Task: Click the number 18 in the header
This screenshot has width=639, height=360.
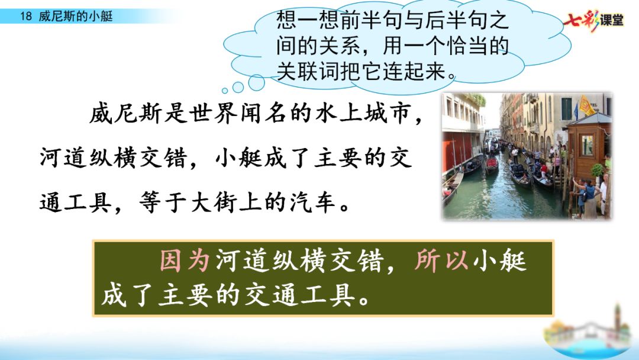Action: (x=25, y=17)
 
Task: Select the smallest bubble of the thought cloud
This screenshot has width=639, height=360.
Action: (x=225, y=91)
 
